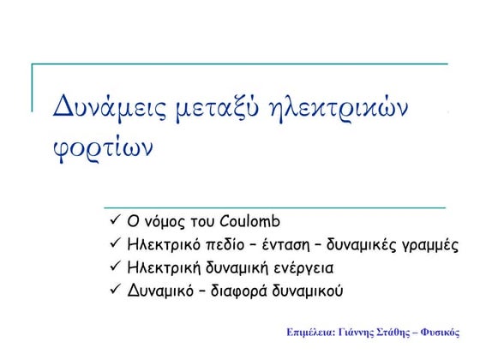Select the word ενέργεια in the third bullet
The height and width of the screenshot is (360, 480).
pyautogui.click(x=303, y=267)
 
